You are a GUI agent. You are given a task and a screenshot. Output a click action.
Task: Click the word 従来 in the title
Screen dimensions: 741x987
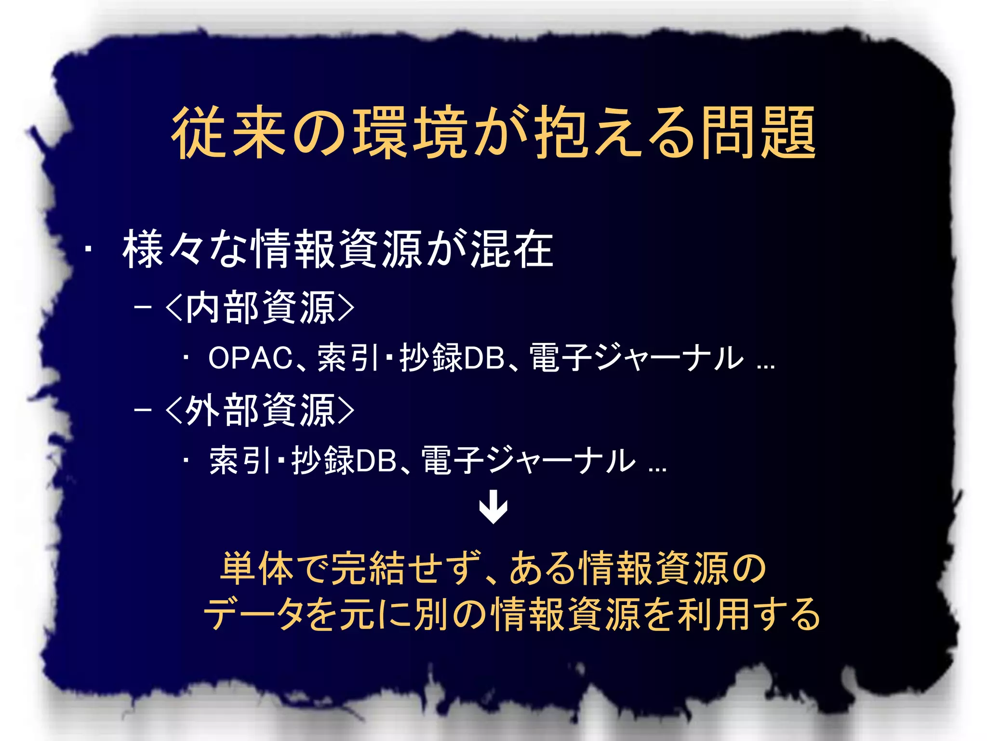tap(230, 133)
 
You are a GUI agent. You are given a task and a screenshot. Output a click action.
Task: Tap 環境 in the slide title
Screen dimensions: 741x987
tap(410, 133)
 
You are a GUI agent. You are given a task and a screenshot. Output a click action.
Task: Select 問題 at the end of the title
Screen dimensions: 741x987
tap(758, 133)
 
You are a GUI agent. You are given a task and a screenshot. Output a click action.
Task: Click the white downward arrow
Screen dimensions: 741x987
tap(493, 507)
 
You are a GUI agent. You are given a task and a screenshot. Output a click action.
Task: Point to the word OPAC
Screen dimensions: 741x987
tap(251, 358)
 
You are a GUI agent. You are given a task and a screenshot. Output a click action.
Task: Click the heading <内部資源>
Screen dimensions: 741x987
tap(260, 308)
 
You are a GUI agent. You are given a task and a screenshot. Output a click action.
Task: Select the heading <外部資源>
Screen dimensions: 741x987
tap(260, 411)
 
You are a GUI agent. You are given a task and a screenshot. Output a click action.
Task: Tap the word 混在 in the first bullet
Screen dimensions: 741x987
tap(512, 249)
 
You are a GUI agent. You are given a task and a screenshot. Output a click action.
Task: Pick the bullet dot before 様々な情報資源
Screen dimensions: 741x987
tap(88, 250)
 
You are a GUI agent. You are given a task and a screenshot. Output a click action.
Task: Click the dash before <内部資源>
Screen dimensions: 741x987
tap(143, 307)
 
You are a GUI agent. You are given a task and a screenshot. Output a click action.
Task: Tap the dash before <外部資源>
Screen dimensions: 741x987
tap(143, 410)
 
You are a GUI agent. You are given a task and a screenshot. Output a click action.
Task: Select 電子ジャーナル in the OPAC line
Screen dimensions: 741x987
tap(636, 358)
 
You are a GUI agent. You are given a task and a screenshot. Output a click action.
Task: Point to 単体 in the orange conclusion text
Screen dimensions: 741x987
tap(257, 568)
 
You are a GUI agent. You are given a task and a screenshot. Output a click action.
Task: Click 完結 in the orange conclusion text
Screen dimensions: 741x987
tap(368, 568)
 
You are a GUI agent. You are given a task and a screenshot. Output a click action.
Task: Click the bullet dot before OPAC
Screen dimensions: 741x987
tap(186, 358)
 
